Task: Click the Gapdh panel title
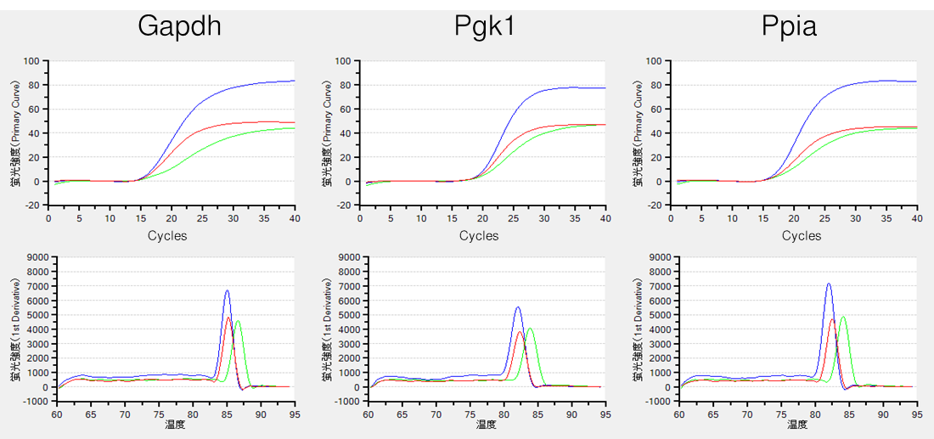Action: click(x=180, y=26)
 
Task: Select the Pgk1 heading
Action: click(x=483, y=26)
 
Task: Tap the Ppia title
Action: click(x=789, y=26)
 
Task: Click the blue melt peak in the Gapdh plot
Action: click(x=227, y=291)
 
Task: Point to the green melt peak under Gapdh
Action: click(x=238, y=321)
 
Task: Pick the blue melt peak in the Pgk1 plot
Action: click(x=518, y=307)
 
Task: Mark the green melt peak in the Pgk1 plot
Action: click(x=530, y=329)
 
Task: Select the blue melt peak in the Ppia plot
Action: click(x=829, y=284)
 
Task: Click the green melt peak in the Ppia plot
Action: click(x=842, y=317)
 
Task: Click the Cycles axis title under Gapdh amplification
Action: click(x=167, y=235)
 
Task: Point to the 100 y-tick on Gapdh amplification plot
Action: click(x=32, y=61)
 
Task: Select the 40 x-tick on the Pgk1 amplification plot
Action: click(x=605, y=218)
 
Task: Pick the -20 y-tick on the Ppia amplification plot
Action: click(x=655, y=205)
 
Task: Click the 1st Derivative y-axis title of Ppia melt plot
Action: click(x=640, y=327)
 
